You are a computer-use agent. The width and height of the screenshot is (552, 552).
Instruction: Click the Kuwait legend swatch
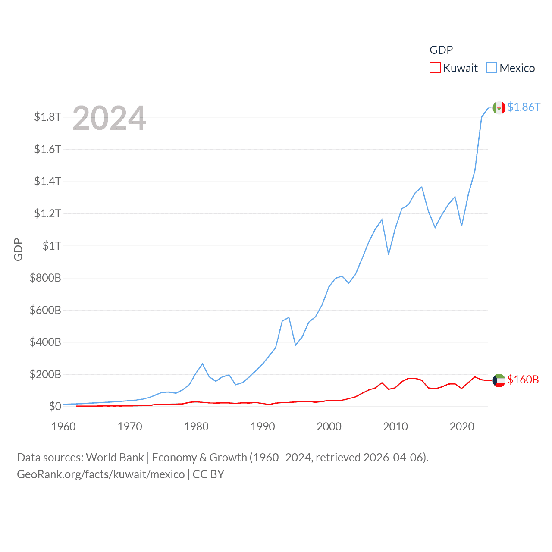point(435,68)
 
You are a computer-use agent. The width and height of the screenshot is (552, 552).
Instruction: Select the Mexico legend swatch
point(492,68)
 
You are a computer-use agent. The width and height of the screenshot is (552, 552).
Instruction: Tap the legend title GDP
point(441,50)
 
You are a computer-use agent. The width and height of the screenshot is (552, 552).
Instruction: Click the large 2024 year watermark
point(109,118)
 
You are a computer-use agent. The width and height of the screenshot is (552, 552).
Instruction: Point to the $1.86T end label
point(524,107)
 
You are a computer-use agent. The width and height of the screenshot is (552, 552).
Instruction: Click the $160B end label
point(523,379)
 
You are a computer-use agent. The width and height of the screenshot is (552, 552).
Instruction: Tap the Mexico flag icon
point(499,108)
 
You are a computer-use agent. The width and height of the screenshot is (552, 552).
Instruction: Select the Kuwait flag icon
point(499,380)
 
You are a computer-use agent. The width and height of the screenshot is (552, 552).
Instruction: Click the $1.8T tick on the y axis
point(48,117)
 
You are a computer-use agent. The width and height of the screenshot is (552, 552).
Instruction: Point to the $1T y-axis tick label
point(52,246)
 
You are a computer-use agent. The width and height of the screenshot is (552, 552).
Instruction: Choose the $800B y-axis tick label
point(45,278)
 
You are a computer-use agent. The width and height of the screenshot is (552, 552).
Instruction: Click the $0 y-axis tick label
point(55,406)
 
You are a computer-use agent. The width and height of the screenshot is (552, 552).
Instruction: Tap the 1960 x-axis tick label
point(63,427)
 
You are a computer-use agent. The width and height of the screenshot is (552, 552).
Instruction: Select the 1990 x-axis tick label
point(263,427)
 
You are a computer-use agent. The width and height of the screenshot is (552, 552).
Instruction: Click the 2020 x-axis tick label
point(462,427)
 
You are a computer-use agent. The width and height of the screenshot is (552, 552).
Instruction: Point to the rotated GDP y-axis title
point(18,249)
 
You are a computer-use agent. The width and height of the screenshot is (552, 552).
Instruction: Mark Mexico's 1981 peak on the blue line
point(203,364)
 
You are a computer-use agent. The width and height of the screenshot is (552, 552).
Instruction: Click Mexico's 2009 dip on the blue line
point(389,254)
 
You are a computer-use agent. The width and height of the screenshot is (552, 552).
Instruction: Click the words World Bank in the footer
point(115,458)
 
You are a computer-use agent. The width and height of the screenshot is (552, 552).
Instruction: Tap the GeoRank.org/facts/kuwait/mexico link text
point(101,474)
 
